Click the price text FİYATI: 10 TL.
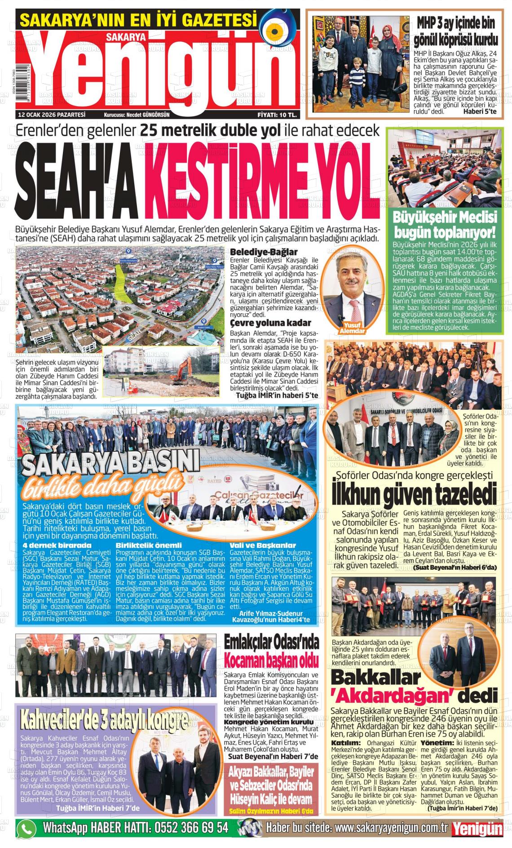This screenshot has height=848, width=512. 276,115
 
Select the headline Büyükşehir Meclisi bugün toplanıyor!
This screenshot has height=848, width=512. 445,225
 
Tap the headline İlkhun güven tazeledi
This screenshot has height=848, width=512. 415,495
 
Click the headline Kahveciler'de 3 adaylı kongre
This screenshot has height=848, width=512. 104,720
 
